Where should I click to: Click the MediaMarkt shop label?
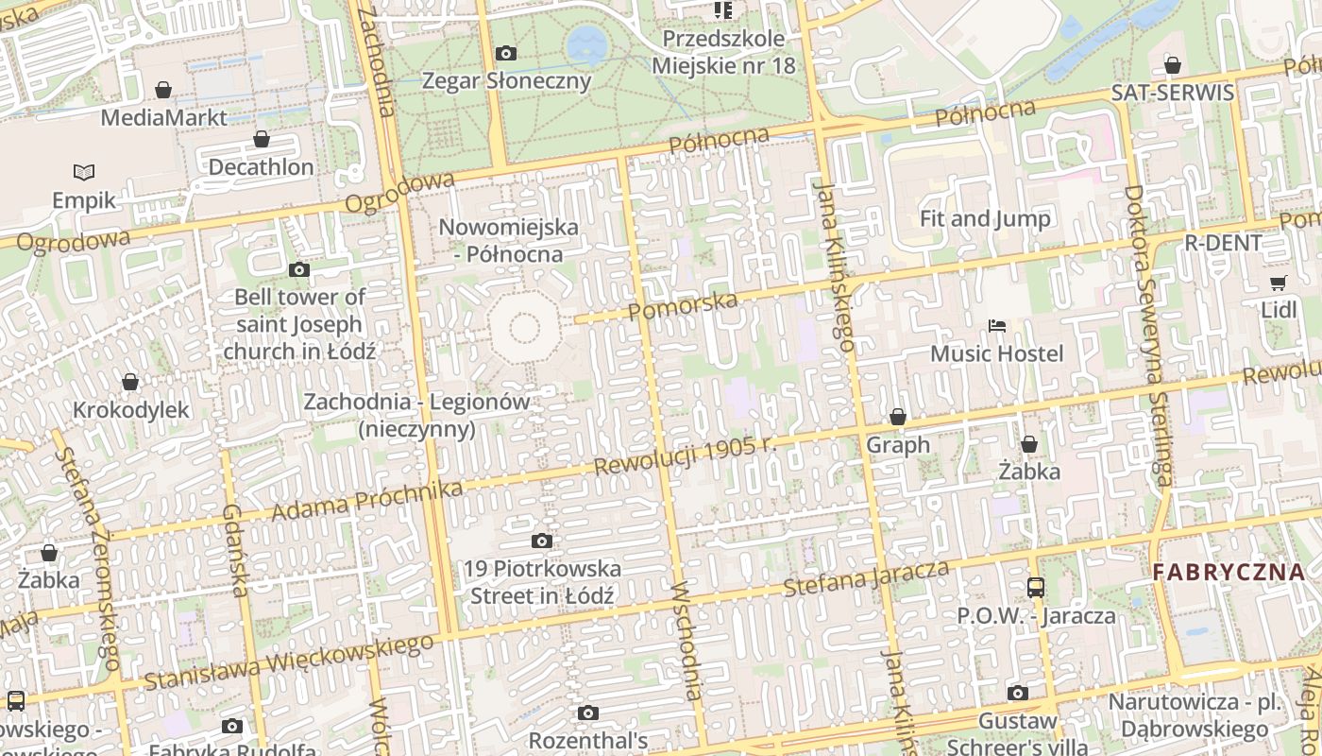163,117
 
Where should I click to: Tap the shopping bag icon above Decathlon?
262,140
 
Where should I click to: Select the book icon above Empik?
84,172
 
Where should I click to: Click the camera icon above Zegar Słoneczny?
506,53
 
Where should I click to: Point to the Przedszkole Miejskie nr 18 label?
723,52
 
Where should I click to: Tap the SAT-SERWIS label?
1172,93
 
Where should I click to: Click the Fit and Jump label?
985,219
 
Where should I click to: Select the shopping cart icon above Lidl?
1279,283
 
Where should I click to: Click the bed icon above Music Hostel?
996,326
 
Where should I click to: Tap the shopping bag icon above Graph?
898,417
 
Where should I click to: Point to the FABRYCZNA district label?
1229,572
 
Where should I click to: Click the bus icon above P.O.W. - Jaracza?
1036,588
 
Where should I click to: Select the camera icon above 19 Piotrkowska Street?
542,541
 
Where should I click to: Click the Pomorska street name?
682,305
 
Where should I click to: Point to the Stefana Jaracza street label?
866,577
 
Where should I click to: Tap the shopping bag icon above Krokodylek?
130,382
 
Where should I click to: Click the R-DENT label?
1223,243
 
